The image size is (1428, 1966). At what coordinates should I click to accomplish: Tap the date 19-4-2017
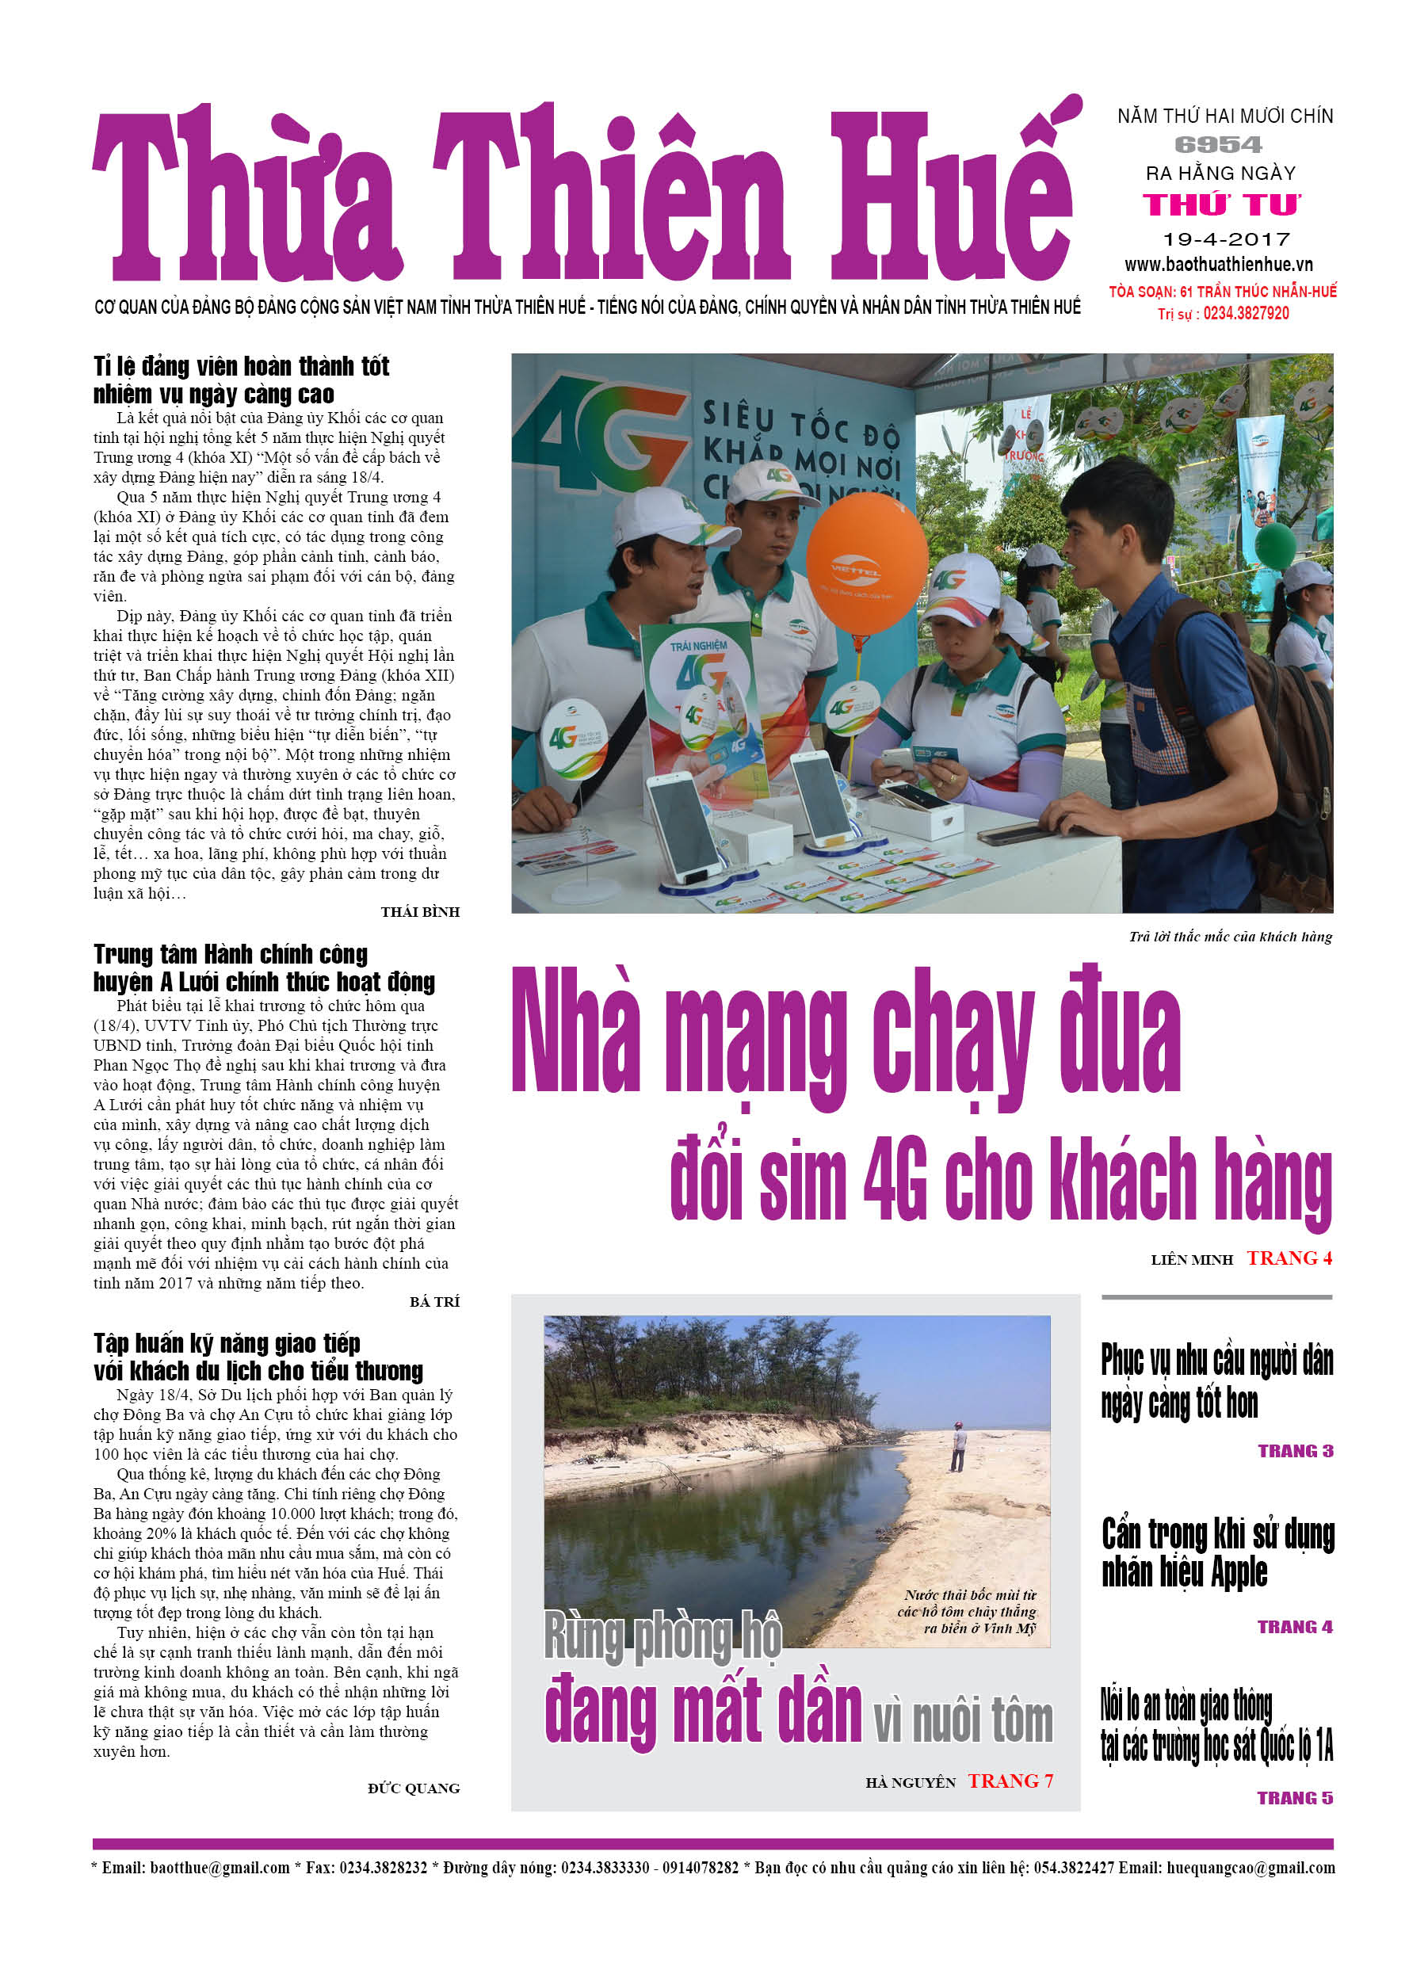click(x=1226, y=239)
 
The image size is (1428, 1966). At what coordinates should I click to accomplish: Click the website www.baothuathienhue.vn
click(x=1218, y=265)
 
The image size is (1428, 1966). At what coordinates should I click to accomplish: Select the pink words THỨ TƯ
click(x=1221, y=205)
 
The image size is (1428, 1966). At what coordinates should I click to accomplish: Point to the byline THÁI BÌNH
click(x=420, y=912)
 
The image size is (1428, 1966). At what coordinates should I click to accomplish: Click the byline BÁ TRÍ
click(x=434, y=1301)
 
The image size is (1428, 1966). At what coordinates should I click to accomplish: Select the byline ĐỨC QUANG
click(x=414, y=1788)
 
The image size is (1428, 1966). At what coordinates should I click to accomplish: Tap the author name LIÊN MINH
click(x=1191, y=1259)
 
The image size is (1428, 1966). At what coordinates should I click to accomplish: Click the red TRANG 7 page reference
click(x=1010, y=1781)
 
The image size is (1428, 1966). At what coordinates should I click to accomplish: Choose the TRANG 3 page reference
click(x=1296, y=1451)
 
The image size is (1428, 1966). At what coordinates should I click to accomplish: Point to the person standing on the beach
click(x=957, y=1447)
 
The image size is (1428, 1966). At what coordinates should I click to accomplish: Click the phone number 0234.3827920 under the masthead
click(x=1245, y=313)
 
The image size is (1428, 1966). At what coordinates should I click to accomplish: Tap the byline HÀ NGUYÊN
click(x=910, y=1782)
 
